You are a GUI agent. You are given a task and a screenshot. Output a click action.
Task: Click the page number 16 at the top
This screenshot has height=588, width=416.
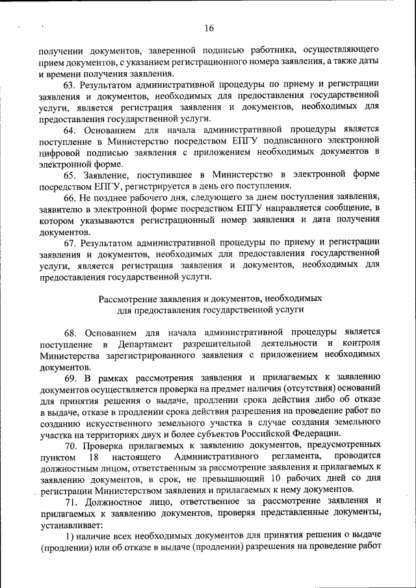(x=208, y=29)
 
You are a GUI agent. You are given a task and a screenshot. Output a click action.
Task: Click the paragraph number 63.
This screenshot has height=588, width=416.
(x=70, y=85)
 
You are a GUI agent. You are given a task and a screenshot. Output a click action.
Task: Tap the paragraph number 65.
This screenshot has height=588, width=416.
(x=70, y=175)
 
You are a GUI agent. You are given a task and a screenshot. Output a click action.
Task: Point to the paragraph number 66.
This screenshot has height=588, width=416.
(x=70, y=197)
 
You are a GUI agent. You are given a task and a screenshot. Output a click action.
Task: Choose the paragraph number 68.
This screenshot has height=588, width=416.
(x=70, y=331)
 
